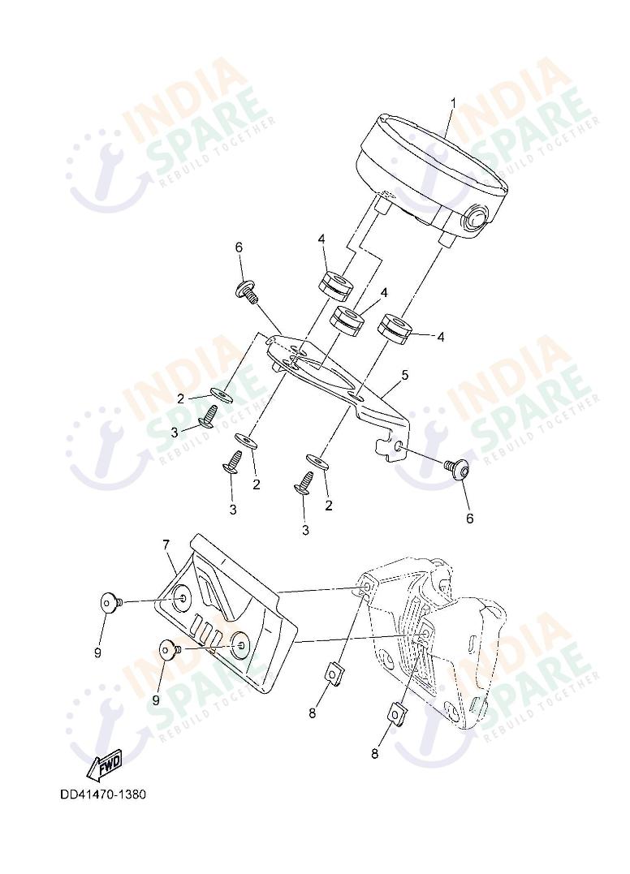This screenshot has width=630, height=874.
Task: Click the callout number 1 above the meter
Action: click(x=453, y=104)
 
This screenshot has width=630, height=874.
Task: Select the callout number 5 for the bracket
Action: click(x=405, y=375)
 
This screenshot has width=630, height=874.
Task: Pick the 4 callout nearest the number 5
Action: click(x=441, y=337)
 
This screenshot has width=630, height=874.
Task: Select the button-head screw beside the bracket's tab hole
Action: click(x=457, y=468)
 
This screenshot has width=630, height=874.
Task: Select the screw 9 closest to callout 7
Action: click(x=111, y=602)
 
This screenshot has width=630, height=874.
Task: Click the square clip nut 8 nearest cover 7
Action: click(x=334, y=672)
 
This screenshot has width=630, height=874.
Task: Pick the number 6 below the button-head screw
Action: click(x=469, y=519)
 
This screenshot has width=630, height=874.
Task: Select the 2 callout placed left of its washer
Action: click(x=180, y=398)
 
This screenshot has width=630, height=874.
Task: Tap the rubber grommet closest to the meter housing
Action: click(x=335, y=282)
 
